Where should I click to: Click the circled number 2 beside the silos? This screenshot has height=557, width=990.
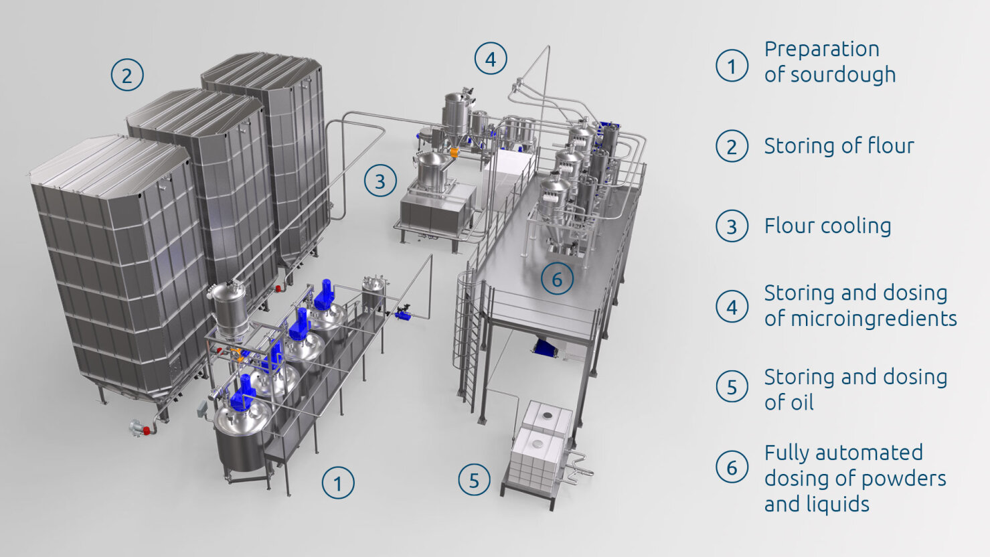pyautogui.click(x=127, y=74)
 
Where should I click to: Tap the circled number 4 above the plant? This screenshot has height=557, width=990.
pyautogui.click(x=491, y=59)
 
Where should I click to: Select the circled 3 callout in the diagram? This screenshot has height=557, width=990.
pyautogui.click(x=380, y=181)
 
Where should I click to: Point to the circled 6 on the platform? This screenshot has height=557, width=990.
pyautogui.click(x=557, y=278)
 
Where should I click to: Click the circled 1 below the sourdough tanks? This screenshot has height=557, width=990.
pyautogui.click(x=338, y=483)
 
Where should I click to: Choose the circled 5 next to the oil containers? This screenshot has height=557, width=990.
pyautogui.click(x=475, y=480)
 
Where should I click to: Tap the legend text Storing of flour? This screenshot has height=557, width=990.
pyautogui.click(x=839, y=145)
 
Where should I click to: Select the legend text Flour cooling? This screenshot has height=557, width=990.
pyautogui.click(x=827, y=226)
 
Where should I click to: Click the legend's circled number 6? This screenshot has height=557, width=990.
pyautogui.click(x=732, y=467)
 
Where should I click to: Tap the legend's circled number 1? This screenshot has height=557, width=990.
pyautogui.click(x=732, y=66)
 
